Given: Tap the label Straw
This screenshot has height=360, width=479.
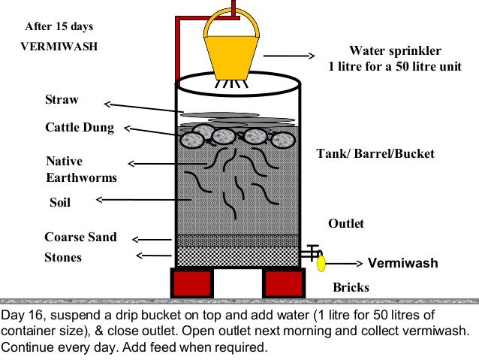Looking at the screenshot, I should point(62,100).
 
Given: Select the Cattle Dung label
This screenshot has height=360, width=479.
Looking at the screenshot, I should point(80,128).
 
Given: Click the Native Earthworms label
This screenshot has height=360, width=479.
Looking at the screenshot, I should point(81,170).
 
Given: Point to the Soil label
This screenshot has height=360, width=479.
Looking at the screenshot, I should point(59,202).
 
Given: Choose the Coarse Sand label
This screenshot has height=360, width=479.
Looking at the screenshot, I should point(80,237).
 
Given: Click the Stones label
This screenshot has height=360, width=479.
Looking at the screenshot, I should point(63,258).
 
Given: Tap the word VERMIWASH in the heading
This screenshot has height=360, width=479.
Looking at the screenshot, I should point(59,45).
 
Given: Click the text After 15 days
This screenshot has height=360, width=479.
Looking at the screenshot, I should point(59,26).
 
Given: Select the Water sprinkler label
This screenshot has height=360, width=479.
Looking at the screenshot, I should point(395,51).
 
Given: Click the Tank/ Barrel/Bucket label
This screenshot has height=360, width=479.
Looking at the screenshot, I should point(375,154).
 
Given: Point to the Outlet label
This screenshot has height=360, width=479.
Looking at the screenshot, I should point(346,224).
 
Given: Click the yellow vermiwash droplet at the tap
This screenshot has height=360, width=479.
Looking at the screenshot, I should point(321,264).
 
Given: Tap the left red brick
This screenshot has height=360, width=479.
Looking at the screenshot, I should point(192,283).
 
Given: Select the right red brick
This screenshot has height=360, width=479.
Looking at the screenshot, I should point(283,283).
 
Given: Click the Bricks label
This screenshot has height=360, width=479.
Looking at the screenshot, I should point(351,287).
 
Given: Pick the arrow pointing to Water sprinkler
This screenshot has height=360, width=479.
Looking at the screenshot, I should point(288,56).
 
